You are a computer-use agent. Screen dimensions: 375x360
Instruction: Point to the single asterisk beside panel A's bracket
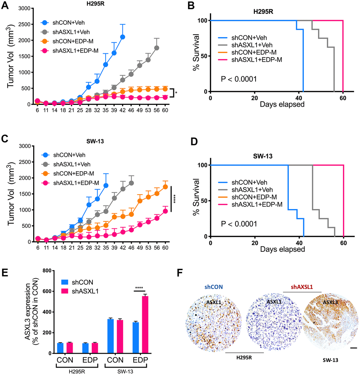click(176, 93)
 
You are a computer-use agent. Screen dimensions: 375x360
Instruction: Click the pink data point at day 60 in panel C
click(165, 211)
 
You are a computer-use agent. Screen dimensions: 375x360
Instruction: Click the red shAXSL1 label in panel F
click(302, 286)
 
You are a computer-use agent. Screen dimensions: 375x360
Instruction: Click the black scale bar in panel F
click(354, 348)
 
